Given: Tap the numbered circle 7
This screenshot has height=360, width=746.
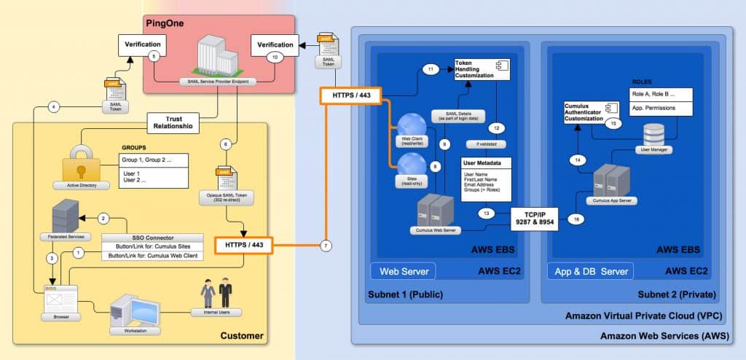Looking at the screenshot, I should (x=326, y=246).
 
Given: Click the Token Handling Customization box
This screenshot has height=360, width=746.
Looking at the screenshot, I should (x=481, y=70).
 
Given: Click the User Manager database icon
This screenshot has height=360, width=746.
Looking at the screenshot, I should (x=653, y=136).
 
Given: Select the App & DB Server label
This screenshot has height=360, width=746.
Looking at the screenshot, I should (x=589, y=272).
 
